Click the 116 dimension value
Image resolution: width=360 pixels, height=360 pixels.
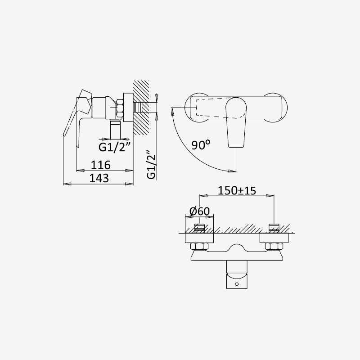tap(100, 165)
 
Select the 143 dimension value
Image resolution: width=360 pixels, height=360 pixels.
tap(99, 178)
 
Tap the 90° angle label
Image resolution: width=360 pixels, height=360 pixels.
tap(200, 145)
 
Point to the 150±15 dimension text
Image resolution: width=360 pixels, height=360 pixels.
tap(237, 190)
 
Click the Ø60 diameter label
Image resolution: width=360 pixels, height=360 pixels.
tap(199, 211)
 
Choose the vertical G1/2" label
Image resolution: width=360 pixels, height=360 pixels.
tap(151, 165)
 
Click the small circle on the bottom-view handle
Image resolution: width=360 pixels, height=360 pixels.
tap(237, 284)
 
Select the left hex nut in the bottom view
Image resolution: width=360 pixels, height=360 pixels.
tap(199, 246)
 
